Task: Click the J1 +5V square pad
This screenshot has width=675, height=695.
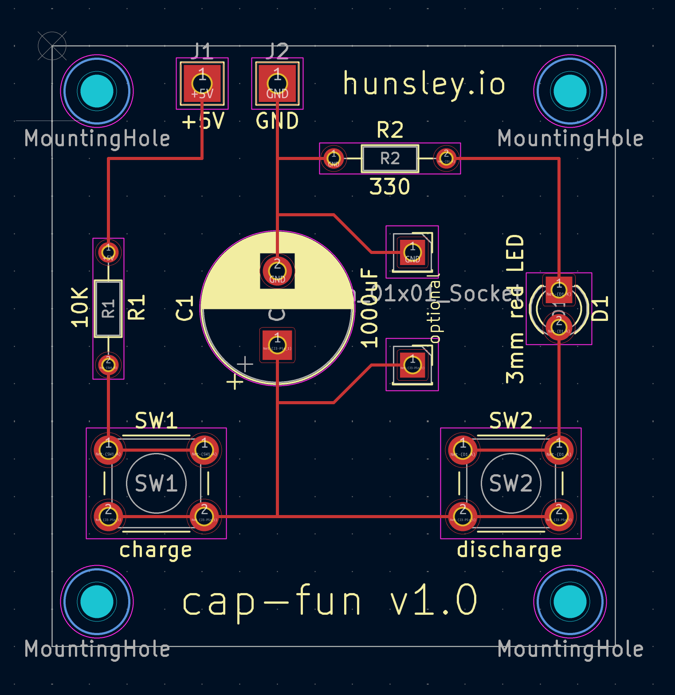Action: click(202, 83)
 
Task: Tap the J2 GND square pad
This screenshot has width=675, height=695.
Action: click(277, 83)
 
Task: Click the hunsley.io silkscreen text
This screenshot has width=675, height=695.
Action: click(424, 84)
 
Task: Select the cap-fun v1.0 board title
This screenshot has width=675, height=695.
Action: click(330, 600)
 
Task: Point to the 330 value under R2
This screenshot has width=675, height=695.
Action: click(389, 187)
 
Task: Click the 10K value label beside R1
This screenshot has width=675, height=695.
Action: click(80, 307)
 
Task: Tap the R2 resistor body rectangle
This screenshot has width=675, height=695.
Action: click(390, 158)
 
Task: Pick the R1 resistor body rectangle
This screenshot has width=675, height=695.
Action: click(108, 308)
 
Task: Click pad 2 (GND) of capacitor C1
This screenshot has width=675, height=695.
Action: click(277, 271)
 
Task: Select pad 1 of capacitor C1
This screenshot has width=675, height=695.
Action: click(277, 345)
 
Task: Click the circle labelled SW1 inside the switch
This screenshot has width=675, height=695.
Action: click(156, 483)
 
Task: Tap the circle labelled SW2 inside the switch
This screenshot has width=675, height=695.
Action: click(510, 483)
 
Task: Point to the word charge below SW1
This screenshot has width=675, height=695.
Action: click(156, 550)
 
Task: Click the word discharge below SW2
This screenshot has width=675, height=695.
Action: click(509, 550)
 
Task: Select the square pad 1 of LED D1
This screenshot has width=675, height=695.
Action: click(559, 289)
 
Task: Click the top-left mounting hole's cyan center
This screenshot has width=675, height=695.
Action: click(97, 91)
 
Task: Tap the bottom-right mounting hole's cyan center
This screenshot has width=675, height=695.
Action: click(570, 601)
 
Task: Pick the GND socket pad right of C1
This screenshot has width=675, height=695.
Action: click(412, 252)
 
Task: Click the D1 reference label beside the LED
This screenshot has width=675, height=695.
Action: click(600, 308)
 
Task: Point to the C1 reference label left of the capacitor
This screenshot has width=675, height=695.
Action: click(184, 308)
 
